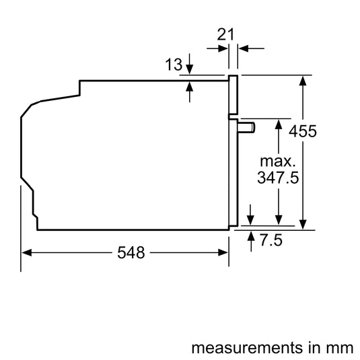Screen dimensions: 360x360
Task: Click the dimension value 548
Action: coord(131,252)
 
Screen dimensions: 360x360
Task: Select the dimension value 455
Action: coord(303,131)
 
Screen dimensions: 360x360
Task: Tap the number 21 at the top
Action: coord(225,34)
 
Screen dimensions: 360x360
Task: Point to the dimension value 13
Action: coord(174,65)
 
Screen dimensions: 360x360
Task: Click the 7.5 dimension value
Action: coord(271,240)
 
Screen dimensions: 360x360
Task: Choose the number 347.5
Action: coord(278,178)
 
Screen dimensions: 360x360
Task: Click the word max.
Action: coord(278,161)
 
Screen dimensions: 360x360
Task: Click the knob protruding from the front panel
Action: coord(246,128)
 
